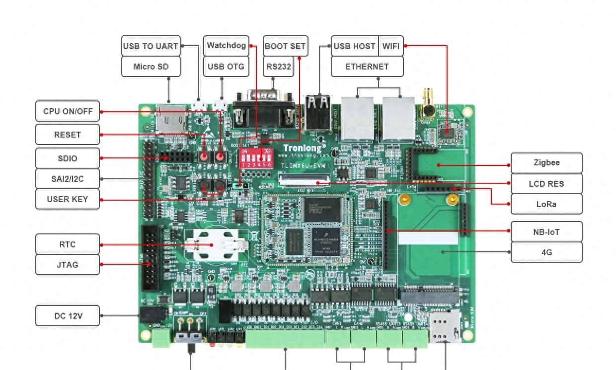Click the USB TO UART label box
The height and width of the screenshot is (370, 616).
[150, 46]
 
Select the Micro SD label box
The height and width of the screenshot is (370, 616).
[150, 67]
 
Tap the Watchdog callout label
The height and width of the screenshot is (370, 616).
[226, 46]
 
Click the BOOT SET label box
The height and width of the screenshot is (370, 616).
[285, 46]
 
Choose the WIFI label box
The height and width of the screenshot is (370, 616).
[390, 46]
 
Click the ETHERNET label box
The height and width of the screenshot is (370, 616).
[367, 67]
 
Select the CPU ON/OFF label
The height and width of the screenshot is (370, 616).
[68, 111]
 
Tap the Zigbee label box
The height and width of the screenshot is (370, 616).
[546, 163]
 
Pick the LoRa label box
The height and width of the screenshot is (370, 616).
[546, 204]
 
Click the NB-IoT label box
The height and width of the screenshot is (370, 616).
[546, 231]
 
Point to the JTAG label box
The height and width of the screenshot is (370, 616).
[68, 265]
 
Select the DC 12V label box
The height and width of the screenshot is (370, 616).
[68, 316]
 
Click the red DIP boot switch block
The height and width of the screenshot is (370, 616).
[256, 156]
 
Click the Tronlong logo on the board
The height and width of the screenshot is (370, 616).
[305, 148]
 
